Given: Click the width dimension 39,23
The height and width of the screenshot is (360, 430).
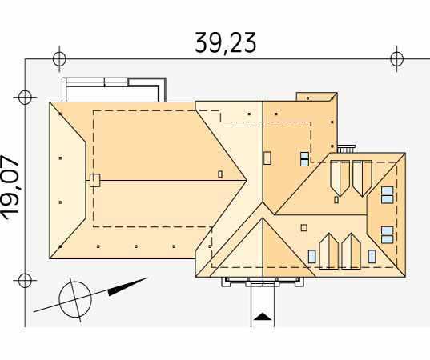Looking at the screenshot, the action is coord(226,43).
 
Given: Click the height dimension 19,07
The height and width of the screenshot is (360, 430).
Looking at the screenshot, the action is coord(10,187).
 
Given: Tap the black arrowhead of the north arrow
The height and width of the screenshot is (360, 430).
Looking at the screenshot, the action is coord(127,287).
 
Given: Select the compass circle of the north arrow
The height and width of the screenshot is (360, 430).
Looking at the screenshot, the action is coord(75,299).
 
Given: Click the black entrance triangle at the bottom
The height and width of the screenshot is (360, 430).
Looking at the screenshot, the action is coord(263,316).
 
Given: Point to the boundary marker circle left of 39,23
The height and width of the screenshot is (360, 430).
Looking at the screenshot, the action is coord(59,58).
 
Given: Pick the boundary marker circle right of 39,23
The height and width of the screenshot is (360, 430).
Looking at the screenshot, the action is coord(396,58).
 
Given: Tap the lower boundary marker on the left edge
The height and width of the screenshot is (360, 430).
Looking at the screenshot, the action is coord(25,280).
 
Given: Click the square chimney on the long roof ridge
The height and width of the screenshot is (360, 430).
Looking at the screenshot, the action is coord(94,180).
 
